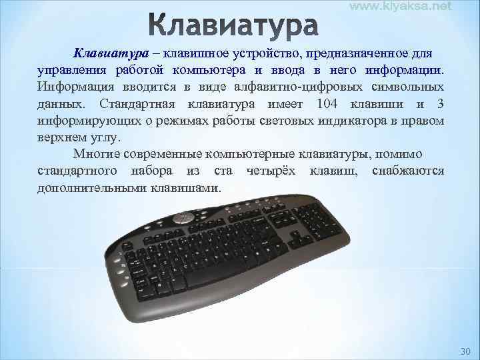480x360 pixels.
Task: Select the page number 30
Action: coord(465,351)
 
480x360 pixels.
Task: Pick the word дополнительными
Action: coord(90,188)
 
